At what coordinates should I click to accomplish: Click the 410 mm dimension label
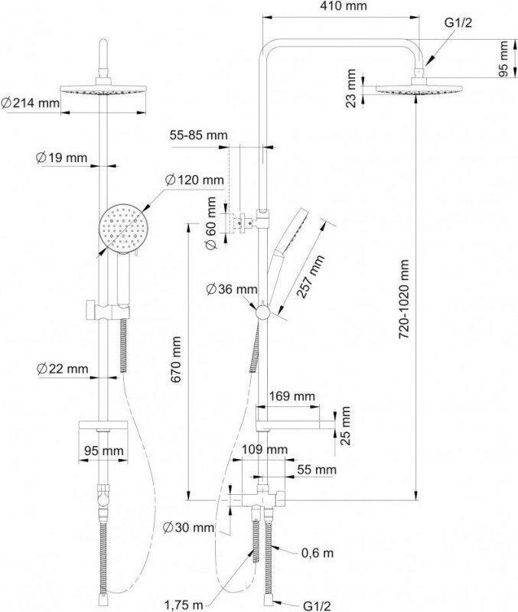coord(344,7)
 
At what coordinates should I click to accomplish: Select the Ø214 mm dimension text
coord(31,102)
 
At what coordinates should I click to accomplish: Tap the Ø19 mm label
coord(62,158)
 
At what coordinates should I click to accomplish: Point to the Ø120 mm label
coord(195,181)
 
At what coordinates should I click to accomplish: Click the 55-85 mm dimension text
coord(199,135)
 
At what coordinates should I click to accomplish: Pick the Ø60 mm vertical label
coord(210,222)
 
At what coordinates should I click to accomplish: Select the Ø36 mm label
coord(232,288)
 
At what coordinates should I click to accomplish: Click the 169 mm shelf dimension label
coord(293,396)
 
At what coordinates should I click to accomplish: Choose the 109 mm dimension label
coord(265,448)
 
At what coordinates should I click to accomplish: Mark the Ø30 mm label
coord(188,527)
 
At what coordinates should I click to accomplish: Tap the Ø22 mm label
coord(62,369)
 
